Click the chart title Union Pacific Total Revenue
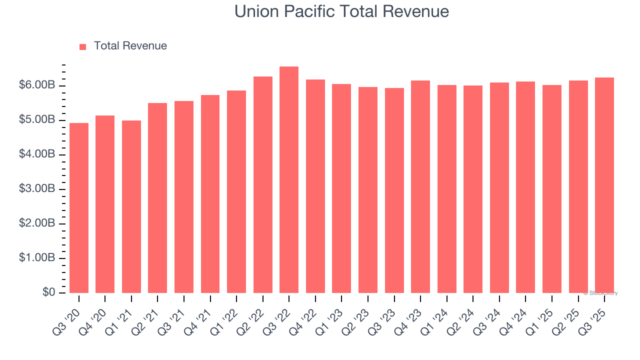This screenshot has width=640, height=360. (341, 11)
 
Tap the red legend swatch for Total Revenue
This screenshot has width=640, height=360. (83, 46)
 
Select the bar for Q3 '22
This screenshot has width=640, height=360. (289, 180)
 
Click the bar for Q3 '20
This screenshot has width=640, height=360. (79, 208)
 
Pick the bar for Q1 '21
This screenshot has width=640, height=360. (131, 206)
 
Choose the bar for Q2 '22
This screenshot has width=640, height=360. (263, 185)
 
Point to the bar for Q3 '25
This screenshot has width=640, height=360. (604, 185)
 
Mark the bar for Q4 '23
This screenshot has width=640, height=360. (420, 186)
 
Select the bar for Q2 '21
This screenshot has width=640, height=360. (157, 198)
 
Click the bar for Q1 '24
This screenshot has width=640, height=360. (447, 189)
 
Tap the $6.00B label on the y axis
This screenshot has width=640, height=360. (37, 85)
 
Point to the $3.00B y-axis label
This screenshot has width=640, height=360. (37, 189)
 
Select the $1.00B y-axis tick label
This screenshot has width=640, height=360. (37, 258)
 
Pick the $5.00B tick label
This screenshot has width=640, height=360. (37, 120)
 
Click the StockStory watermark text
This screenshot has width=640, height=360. (600, 293)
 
